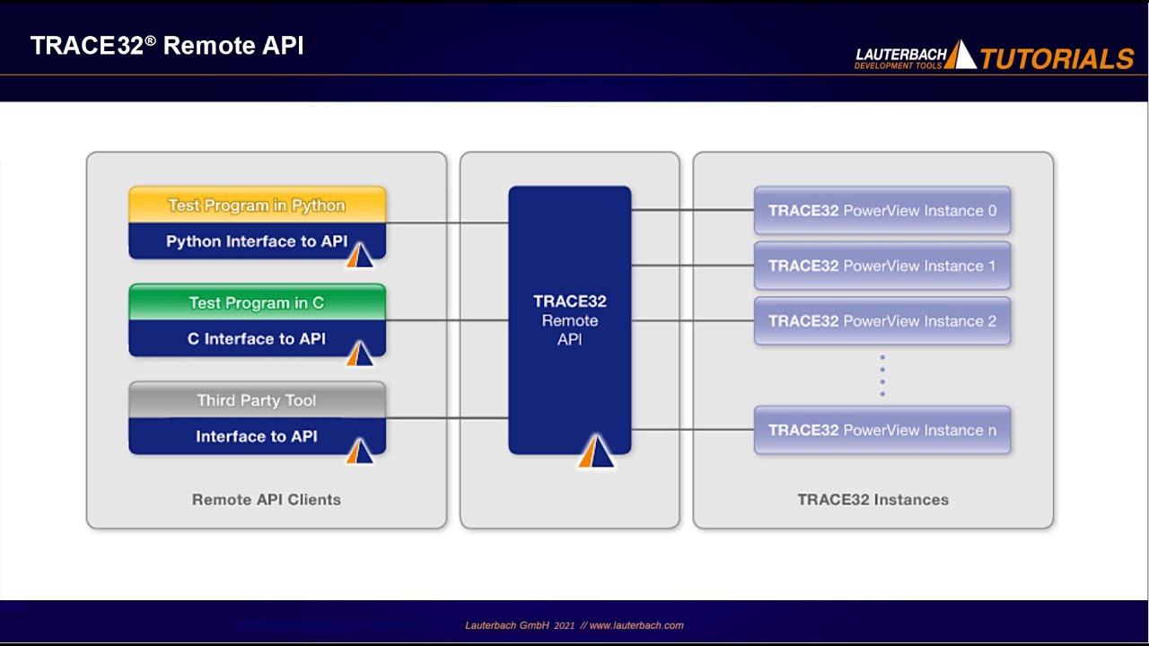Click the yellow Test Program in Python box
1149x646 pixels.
[x=257, y=205]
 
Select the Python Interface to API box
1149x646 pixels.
[x=257, y=241]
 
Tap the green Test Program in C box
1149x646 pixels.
[x=257, y=302]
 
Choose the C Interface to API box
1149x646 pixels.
[x=257, y=339]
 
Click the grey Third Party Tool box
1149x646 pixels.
[x=257, y=400]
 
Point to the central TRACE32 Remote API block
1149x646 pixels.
[x=569, y=320]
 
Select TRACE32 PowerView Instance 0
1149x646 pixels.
[x=881, y=211]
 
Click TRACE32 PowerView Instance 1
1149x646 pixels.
[x=881, y=266]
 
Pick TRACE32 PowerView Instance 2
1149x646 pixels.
[x=881, y=321]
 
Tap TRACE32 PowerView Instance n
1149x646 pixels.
[x=881, y=430]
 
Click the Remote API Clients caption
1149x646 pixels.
[x=267, y=500]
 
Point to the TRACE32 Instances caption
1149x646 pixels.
[x=873, y=500]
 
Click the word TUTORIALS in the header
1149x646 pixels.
[x=1057, y=59]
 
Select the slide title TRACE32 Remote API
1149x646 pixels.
[x=167, y=46]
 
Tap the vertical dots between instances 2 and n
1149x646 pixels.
[x=882, y=376]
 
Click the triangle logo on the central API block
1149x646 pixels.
[x=596, y=452]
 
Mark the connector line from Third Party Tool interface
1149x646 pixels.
[x=447, y=418]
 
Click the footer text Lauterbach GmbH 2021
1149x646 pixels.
[x=520, y=625]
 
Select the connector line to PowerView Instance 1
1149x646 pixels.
[x=691, y=266]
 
